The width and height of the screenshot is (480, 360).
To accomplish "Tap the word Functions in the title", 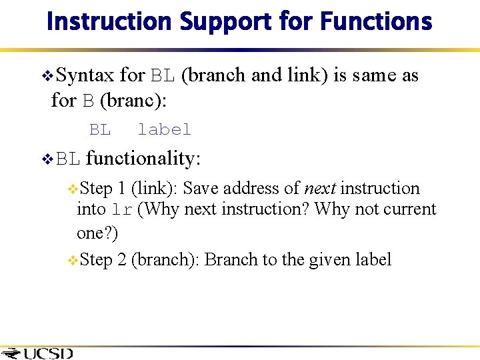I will [x=376, y=22].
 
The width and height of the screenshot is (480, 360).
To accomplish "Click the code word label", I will [x=164, y=129].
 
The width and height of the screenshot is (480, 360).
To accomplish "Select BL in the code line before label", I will [x=100, y=129].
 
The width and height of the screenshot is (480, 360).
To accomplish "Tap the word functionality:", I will [x=143, y=159].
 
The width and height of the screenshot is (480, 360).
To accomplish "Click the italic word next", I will [x=319, y=189].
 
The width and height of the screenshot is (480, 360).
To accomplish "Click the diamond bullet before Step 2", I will [x=73, y=261].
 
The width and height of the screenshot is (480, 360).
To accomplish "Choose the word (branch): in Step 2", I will [x=165, y=259].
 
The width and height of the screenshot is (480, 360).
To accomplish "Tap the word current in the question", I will [x=409, y=209].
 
